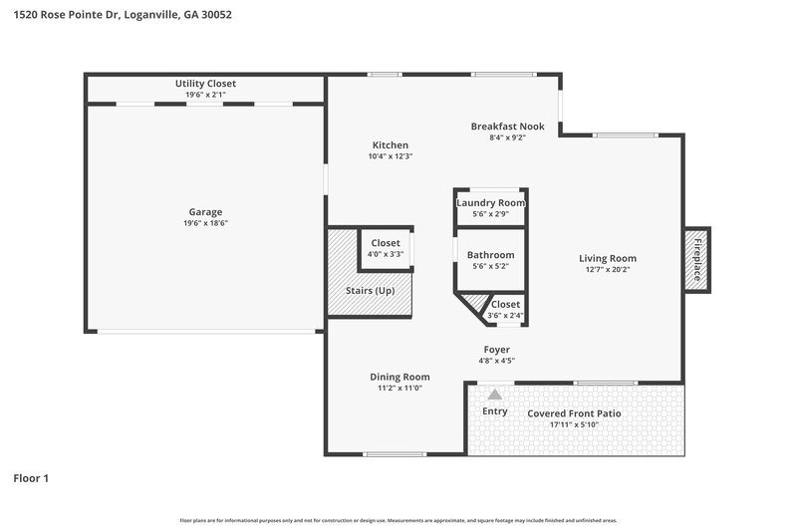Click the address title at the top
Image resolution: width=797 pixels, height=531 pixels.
[x=122, y=16]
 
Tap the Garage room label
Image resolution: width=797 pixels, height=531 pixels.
[x=205, y=211]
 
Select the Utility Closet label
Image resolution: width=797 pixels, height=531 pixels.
[x=205, y=84]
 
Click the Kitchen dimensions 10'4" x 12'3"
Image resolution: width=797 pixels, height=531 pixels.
[x=391, y=156]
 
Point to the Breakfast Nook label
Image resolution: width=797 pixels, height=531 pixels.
[x=507, y=127]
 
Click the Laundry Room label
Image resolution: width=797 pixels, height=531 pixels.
[x=490, y=203]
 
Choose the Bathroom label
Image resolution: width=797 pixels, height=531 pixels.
[x=490, y=255]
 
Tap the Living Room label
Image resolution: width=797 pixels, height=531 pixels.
[x=608, y=258]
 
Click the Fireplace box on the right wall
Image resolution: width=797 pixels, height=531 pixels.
[x=697, y=259]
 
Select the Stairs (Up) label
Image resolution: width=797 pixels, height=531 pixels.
[x=371, y=291]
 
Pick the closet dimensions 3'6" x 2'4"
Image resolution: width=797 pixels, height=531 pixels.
[x=504, y=316]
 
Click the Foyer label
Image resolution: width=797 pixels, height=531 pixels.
[x=496, y=350]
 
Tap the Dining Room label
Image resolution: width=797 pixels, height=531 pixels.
[x=399, y=377]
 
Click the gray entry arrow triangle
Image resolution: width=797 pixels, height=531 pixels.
[x=494, y=395]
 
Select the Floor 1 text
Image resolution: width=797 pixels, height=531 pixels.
[x=31, y=478]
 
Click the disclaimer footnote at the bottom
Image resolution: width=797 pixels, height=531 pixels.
[x=398, y=520]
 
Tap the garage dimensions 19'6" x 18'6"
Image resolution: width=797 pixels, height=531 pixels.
[x=205, y=223]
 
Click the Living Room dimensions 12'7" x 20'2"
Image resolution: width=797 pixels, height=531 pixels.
[x=608, y=269]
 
